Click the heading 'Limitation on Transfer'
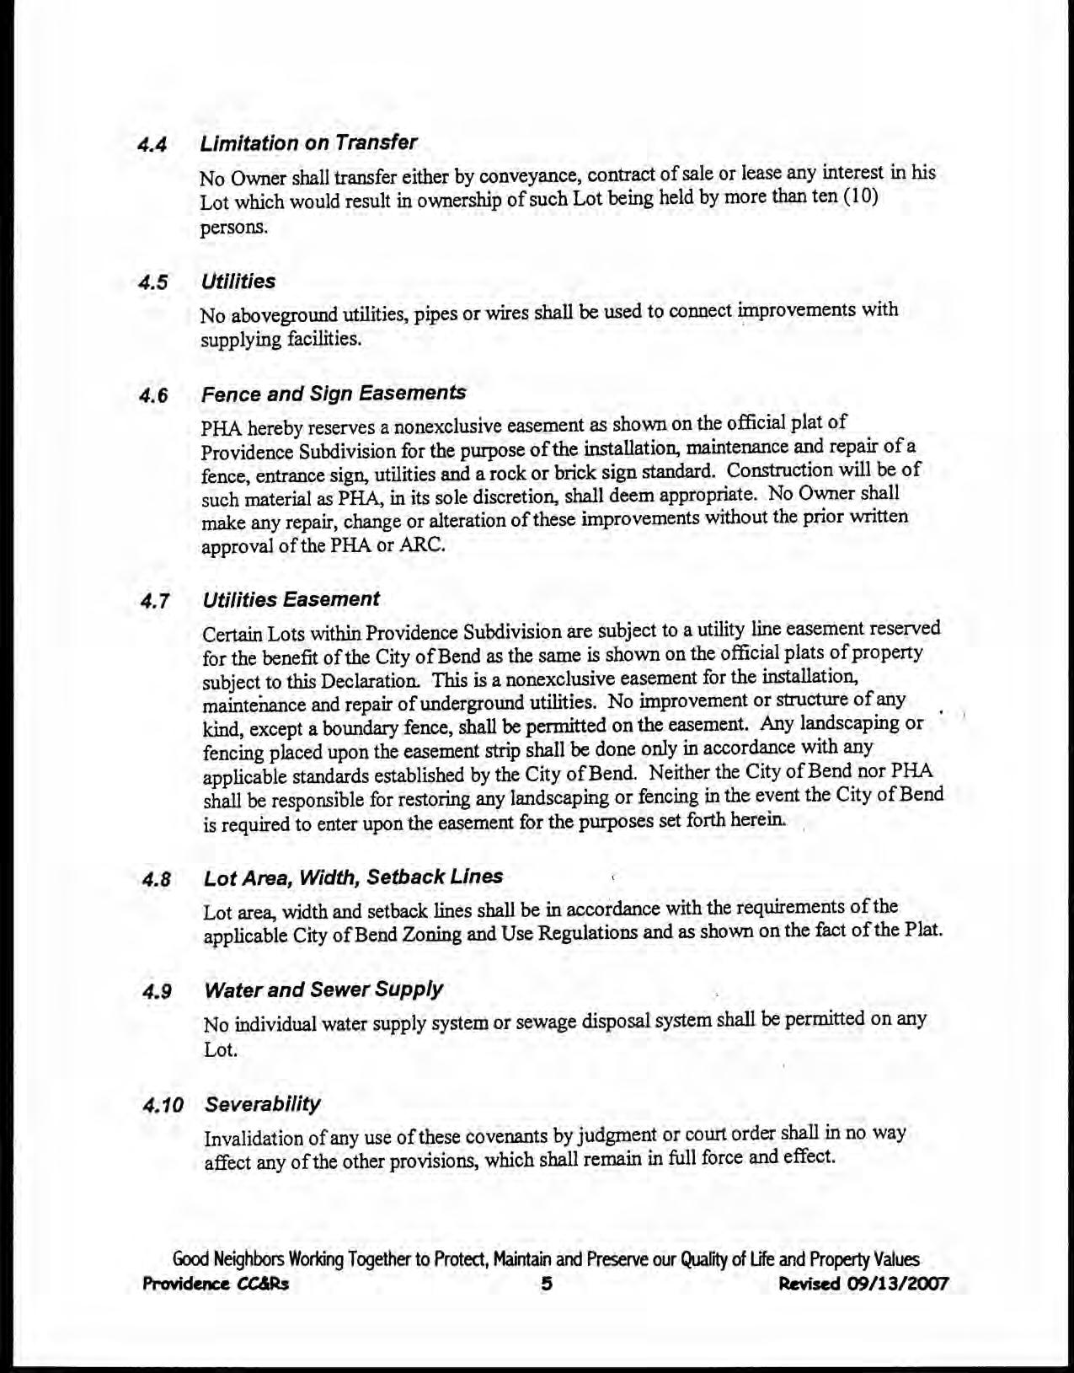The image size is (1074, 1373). [x=308, y=142]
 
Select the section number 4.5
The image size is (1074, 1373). [x=154, y=282]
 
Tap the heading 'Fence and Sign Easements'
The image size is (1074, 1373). [x=334, y=394]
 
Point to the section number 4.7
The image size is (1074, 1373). [x=155, y=601]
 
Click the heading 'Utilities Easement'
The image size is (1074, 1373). [x=291, y=599]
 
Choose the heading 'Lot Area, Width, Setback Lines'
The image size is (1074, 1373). [x=353, y=877]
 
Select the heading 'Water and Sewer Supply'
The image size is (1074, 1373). [x=323, y=990]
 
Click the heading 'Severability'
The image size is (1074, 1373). [x=263, y=1103]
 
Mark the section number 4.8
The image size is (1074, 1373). [x=156, y=879]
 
